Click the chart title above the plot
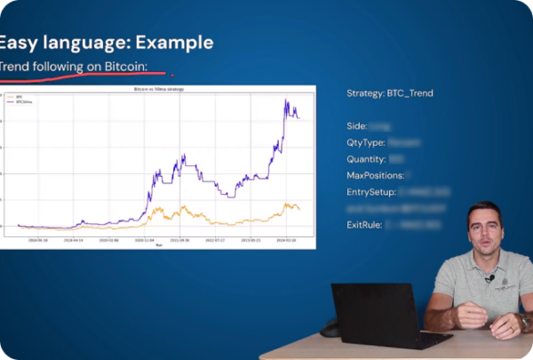(x=165, y=91)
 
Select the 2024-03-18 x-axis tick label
(x=286, y=239)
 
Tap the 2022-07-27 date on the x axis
(x=215, y=239)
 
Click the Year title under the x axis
(x=159, y=244)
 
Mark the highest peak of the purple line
(x=286, y=100)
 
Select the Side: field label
(x=357, y=126)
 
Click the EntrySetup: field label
(x=371, y=192)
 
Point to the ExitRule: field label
(x=364, y=225)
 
